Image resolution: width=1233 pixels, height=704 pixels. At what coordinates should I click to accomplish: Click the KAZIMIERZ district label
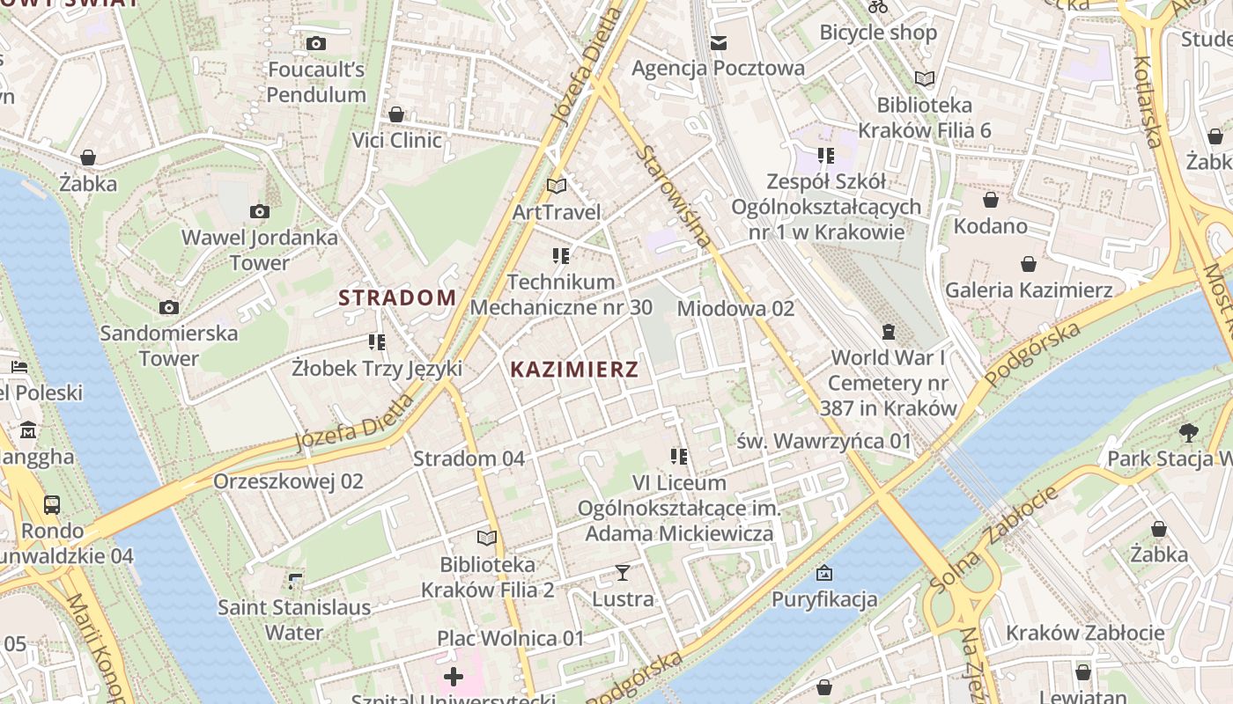pyautogui.click(x=574, y=370)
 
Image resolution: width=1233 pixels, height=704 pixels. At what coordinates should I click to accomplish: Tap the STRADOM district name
pyautogui.click(x=397, y=298)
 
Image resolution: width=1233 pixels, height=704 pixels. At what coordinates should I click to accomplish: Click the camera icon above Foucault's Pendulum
pyautogui.click(x=315, y=43)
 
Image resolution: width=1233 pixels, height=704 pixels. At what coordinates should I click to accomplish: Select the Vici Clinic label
pyautogui.click(x=396, y=141)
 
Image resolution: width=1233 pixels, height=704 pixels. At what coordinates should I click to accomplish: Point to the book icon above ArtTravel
pyautogui.click(x=557, y=186)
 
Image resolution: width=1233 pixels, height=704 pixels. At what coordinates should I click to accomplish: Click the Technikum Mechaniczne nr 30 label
pyautogui.click(x=561, y=295)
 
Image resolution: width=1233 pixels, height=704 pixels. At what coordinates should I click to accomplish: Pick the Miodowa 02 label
pyautogui.click(x=735, y=309)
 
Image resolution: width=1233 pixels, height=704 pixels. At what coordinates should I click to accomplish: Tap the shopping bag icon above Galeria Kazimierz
pyautogui.click(x=1028, y=264)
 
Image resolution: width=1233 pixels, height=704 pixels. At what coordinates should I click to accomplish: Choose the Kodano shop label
pyautogui.click(x=991, y=226)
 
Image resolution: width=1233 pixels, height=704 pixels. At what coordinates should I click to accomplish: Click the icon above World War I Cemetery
pyautogui.click(x=888, y=332)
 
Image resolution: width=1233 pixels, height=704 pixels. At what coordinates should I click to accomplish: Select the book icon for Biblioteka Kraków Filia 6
pyautogui.click(x=924, y=79)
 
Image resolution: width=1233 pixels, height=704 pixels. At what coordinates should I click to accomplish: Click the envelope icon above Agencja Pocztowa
pyautogui.click(x=719, y=42)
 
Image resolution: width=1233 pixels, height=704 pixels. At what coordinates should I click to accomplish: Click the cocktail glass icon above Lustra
pyautogui.click(x=623, y=574)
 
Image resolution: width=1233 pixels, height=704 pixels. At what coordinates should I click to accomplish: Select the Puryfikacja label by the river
pyautogui.click(x=824, y=600)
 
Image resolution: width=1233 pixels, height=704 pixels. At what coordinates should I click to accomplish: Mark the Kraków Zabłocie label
pyautogui.click(x=1085, y=633)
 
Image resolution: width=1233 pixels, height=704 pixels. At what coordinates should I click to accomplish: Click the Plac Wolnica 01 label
pyautogui.click(x=511, y=638)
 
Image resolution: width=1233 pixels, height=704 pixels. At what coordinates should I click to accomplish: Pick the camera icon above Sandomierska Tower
pyautogui.click(x=169, y=307)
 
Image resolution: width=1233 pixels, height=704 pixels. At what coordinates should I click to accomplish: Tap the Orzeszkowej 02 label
pyautogui.click(x=288, y=481)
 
